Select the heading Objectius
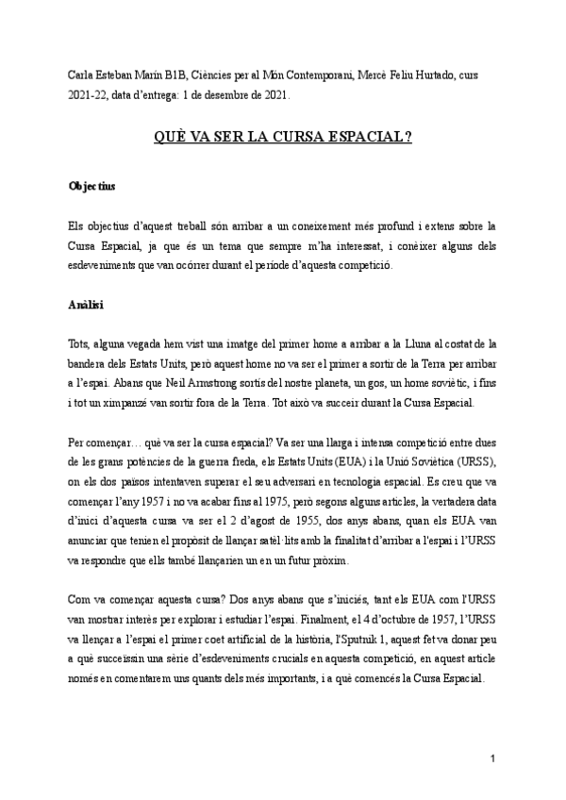[92, 187]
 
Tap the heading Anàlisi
[86, 307]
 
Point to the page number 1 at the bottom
[492, 758]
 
